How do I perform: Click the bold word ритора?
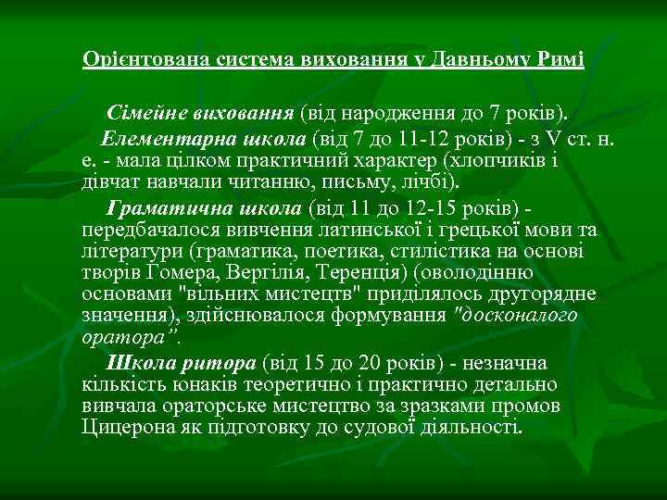[x=224, y=361]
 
